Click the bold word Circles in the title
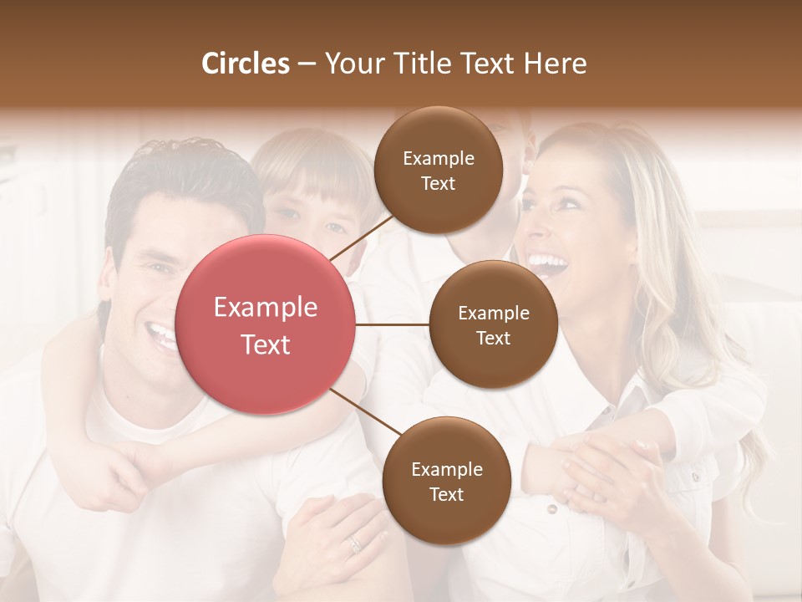246,64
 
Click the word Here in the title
555,64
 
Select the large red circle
266,324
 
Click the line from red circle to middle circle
392,324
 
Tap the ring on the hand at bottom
356,543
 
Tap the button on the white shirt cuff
551,509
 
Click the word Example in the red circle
266,308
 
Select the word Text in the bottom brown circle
446,494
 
